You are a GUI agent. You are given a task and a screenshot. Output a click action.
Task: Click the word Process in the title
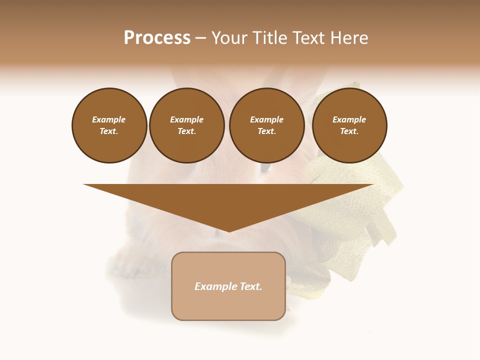tap(157, 38)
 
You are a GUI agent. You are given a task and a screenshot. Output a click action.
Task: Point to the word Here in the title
tap(348, 38)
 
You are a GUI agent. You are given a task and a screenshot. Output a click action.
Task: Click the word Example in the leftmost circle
tap(109, 119)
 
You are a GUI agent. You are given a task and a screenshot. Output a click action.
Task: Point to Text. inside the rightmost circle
tap(349, 131)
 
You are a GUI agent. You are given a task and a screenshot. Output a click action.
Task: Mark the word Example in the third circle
tap(267, 119)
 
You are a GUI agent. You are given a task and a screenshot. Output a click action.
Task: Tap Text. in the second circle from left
tap(187, 131)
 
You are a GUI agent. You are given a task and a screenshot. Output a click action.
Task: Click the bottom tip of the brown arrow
tap(229, 231)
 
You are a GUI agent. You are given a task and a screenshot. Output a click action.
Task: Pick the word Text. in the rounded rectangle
tap(251, 286)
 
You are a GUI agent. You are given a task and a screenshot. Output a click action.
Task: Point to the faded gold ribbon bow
tap(350, 200)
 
